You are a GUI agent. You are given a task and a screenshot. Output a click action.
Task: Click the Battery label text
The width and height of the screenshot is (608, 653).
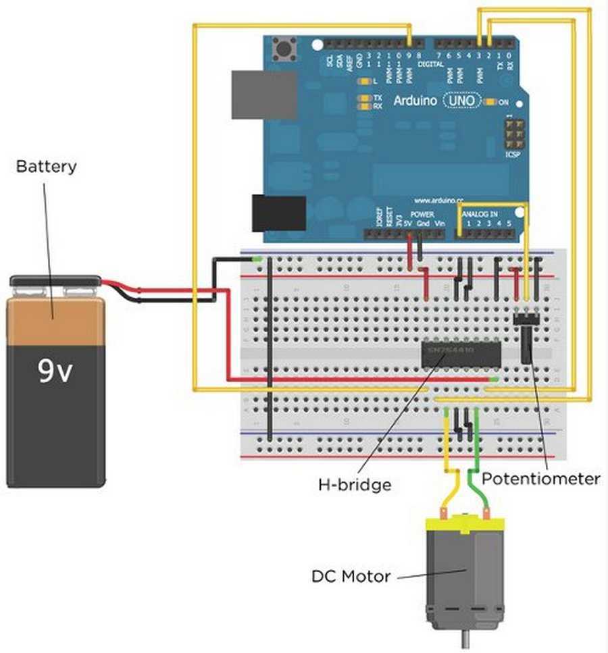[x=46, y=166]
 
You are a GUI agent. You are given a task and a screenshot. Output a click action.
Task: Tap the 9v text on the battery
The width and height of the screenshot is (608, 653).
[x=55, y=371]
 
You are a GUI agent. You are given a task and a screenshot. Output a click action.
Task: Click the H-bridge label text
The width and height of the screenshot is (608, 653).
[x=354, y=484]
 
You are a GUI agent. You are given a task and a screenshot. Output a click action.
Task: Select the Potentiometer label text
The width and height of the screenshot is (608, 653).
[x=541, y=479]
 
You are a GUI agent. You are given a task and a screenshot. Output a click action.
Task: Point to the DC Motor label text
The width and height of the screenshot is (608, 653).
[x=351, y=577]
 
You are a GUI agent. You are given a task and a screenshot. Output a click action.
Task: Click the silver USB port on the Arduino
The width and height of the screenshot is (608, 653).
[x=263, y=95]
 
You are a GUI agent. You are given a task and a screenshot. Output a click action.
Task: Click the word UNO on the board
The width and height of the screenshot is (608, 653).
[x=462, y=101]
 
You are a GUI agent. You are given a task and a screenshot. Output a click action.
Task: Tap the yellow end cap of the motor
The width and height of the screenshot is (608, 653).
[x=464, y=525]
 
